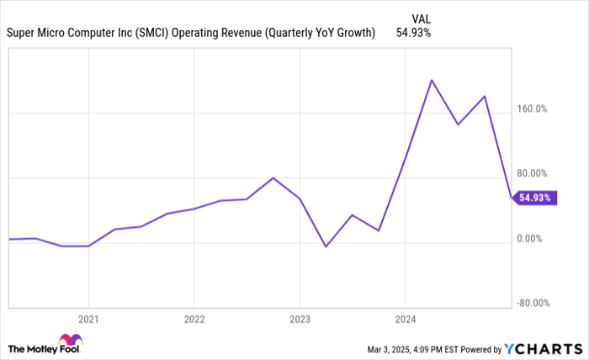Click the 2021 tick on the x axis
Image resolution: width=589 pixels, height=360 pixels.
pos(88,319)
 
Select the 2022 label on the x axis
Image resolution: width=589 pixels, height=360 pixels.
pos(194,319)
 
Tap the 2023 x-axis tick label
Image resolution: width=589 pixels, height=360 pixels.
pos(300,319)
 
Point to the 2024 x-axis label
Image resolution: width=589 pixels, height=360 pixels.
pos(405,319)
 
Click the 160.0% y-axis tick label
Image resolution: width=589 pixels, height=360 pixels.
pos(532,109)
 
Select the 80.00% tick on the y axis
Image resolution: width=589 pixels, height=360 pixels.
pos(532,173)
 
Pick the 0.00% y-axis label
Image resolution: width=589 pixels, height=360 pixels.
pos(529,239)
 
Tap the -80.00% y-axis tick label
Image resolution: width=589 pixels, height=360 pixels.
pos(532,304)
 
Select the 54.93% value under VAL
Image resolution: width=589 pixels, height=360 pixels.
pos(414,33)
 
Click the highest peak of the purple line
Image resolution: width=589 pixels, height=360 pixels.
pos(432,80)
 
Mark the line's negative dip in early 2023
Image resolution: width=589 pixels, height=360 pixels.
pos(326,246)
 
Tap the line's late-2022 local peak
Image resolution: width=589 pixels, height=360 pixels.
pos(273,177)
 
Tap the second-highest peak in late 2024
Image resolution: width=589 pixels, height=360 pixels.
pos(485,96)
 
